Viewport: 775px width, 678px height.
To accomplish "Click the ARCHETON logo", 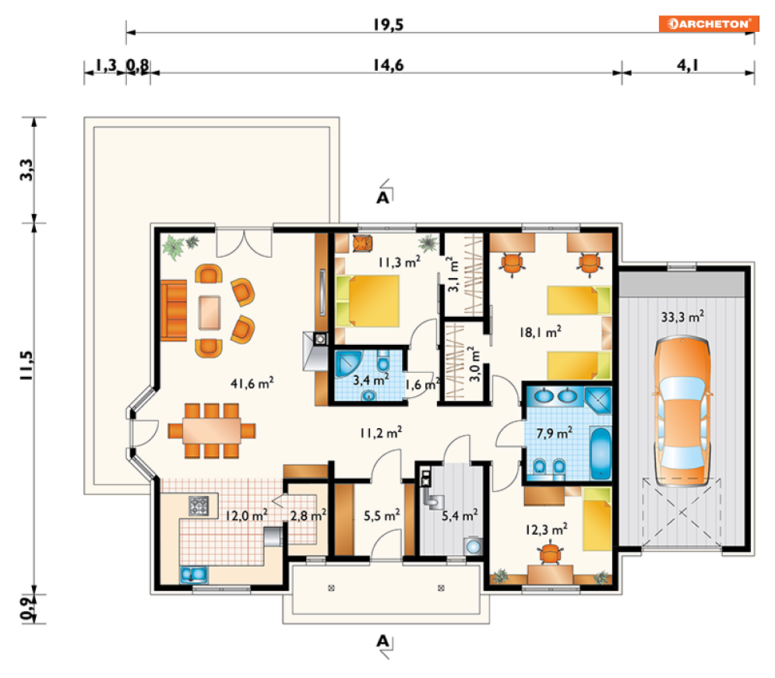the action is click(x=708, y=23).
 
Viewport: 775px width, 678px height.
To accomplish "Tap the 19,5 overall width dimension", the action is click(x=388, y=25).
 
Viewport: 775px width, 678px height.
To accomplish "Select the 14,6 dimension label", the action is click(x=388, y=65).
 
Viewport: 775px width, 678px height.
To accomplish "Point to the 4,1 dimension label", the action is click(x=688, y=65).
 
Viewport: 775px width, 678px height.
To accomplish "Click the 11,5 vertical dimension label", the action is click(x=26, y=365).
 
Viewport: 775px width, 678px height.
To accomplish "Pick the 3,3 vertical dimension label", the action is click(x=26, y=170).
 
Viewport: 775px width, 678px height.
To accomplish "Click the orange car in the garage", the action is click(x=682, y=411).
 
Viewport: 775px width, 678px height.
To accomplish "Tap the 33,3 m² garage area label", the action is click(x=682, y=317).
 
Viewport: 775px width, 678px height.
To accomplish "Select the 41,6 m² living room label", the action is click(x=252, y=383).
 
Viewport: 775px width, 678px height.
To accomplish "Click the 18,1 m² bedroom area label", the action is click(x=541, y=332).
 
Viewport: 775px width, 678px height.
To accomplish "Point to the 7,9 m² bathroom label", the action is click(x=555, y=433).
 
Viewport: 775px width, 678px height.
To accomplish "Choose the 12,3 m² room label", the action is click(x=546, y=529).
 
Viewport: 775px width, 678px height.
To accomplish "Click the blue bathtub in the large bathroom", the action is click(x=601, y=454).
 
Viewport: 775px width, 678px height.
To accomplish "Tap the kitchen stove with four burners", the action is click(x=199, y=506).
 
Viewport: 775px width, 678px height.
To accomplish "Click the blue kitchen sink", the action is click(x=193, y=574).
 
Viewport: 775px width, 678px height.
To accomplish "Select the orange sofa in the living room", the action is click(x=174, y=311).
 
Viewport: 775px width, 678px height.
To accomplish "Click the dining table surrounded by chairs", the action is click(x=212, y=430).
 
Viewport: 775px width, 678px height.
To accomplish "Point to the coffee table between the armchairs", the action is click(x=210, y=312).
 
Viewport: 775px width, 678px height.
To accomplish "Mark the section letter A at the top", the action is click(x=383, y=198).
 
